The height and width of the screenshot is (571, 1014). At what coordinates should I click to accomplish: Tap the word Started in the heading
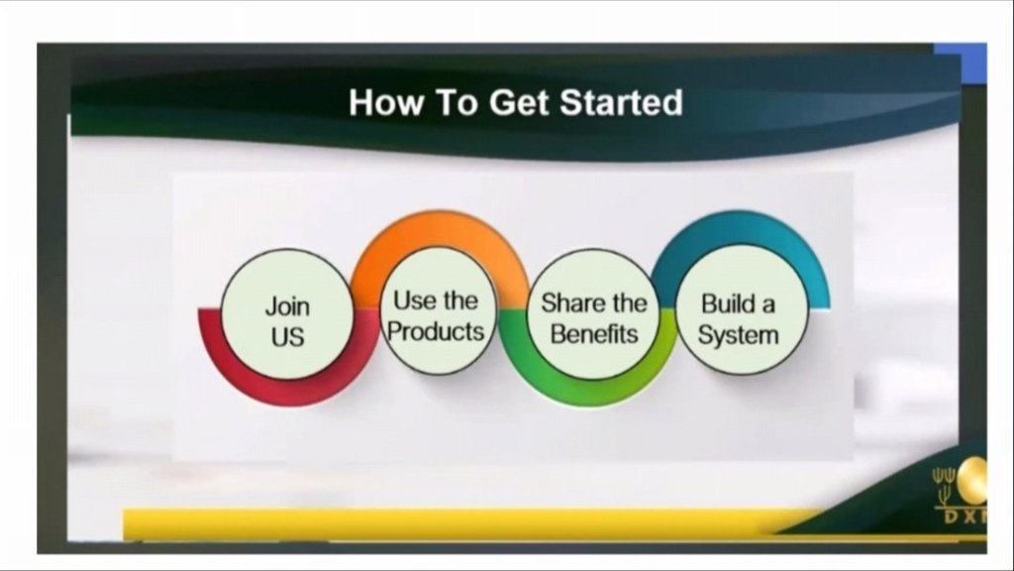(x=621, y=102)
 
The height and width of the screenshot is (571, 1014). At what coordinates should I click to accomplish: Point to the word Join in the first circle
(x=287, y=307)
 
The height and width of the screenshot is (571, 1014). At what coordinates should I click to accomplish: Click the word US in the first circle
(x=287, y=337)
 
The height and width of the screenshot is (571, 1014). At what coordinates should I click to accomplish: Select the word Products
(x=436, y=331)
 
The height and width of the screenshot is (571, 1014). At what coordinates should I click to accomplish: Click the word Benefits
(x=594, y=334)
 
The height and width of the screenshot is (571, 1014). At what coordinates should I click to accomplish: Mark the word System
(x=738, y=335)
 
